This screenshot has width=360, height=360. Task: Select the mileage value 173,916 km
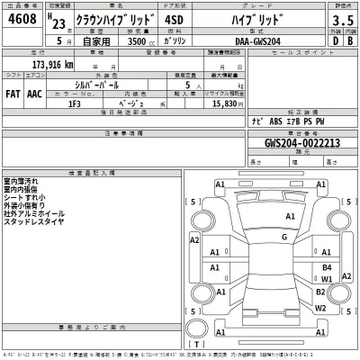pos(49,66)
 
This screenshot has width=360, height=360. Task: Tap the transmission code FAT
pos(15,91)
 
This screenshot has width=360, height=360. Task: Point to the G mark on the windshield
pos(283,237)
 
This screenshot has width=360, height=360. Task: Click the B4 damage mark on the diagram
pos(328,267)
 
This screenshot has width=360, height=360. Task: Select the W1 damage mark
pos(328,278)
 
